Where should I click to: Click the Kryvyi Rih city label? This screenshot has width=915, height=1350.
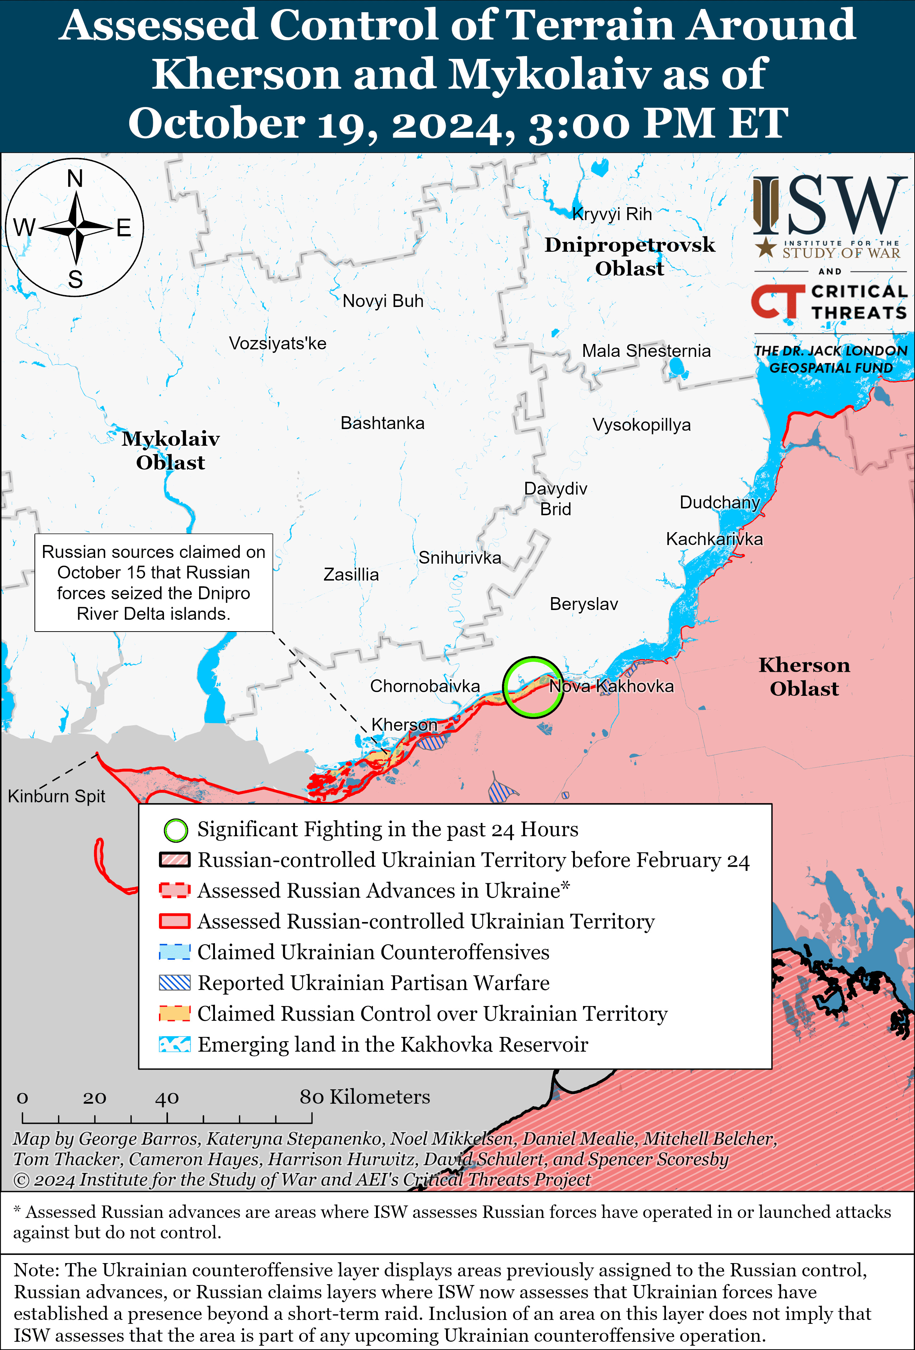[612, 214]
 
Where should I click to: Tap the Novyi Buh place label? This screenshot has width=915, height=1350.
[383, 301]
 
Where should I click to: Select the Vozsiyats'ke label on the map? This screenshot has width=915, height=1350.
[277, 343]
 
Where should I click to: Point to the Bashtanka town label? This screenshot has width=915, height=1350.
[382, 423]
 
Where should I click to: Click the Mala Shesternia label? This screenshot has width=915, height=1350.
[646, 351]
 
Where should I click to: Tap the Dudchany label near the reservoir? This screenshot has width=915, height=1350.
[719, 502]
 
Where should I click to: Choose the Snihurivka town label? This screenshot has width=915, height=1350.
[459, 558]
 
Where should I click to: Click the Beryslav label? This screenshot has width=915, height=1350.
[583, 604]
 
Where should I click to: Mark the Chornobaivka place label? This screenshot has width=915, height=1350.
[425, 686]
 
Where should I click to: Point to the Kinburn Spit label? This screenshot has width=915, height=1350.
[56, 796]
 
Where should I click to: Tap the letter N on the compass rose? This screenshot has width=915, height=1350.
[75, 178]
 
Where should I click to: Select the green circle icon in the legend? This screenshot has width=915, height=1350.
[175, 830]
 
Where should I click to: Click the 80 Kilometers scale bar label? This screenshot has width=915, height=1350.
[365, 1097]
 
